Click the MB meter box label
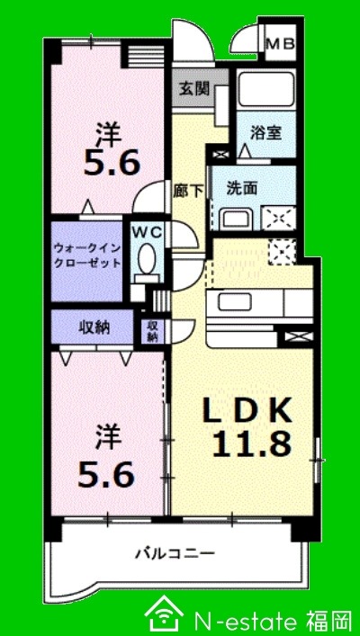280,41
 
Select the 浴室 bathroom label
266,132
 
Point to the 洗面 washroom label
242,188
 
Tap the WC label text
146,231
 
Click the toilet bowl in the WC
145,262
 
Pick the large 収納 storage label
94,327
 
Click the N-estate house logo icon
164,614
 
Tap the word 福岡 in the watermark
328,618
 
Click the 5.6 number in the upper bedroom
112,165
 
